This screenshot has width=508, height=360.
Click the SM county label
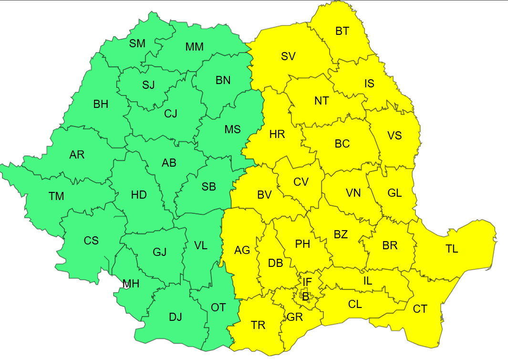137,43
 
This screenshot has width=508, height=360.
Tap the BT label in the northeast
342,32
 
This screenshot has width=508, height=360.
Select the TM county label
56,196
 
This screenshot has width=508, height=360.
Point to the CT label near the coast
420,309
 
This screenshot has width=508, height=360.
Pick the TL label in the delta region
452,249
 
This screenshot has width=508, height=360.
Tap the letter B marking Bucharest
305,296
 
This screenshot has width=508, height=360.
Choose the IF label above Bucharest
307,282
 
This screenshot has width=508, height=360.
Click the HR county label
277,134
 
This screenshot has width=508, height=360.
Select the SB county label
208,187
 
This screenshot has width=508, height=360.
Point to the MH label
131,284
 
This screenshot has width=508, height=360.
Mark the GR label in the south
295,317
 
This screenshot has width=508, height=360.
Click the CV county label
301,182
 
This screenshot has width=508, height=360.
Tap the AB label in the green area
169,163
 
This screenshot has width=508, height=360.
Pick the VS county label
394,136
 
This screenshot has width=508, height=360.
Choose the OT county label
218,307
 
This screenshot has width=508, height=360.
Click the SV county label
288,56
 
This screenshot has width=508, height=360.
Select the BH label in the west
101,104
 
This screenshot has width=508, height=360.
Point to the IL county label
367,281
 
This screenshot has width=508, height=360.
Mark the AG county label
242,250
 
